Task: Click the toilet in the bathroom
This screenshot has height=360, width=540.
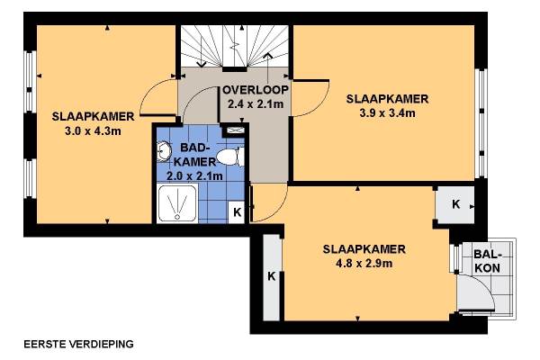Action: click(230, 157)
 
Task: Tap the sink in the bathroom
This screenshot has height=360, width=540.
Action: click(164, 151)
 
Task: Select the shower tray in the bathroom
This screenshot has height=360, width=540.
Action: click(177, 203)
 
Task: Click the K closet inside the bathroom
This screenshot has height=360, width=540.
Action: click(237, 212)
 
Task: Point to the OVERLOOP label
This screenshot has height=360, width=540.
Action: click(256, 90)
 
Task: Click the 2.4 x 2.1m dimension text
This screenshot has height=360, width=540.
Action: click(256, 103)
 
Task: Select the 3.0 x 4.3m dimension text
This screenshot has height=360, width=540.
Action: click(93, 130)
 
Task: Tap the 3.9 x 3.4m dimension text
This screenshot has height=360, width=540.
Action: click(387, 113)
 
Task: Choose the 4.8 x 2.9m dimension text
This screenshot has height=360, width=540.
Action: click(364, 264)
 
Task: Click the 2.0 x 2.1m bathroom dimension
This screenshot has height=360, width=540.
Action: click(194, 176)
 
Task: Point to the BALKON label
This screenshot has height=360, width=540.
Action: click(487, 261)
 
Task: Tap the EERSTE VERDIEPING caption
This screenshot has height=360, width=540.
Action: click(78, 344)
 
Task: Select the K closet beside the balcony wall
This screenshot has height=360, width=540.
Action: click(455, 204)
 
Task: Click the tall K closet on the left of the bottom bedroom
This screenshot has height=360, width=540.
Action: click(272, 276)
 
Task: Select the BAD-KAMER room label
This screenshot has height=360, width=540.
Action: click(195, 154)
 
